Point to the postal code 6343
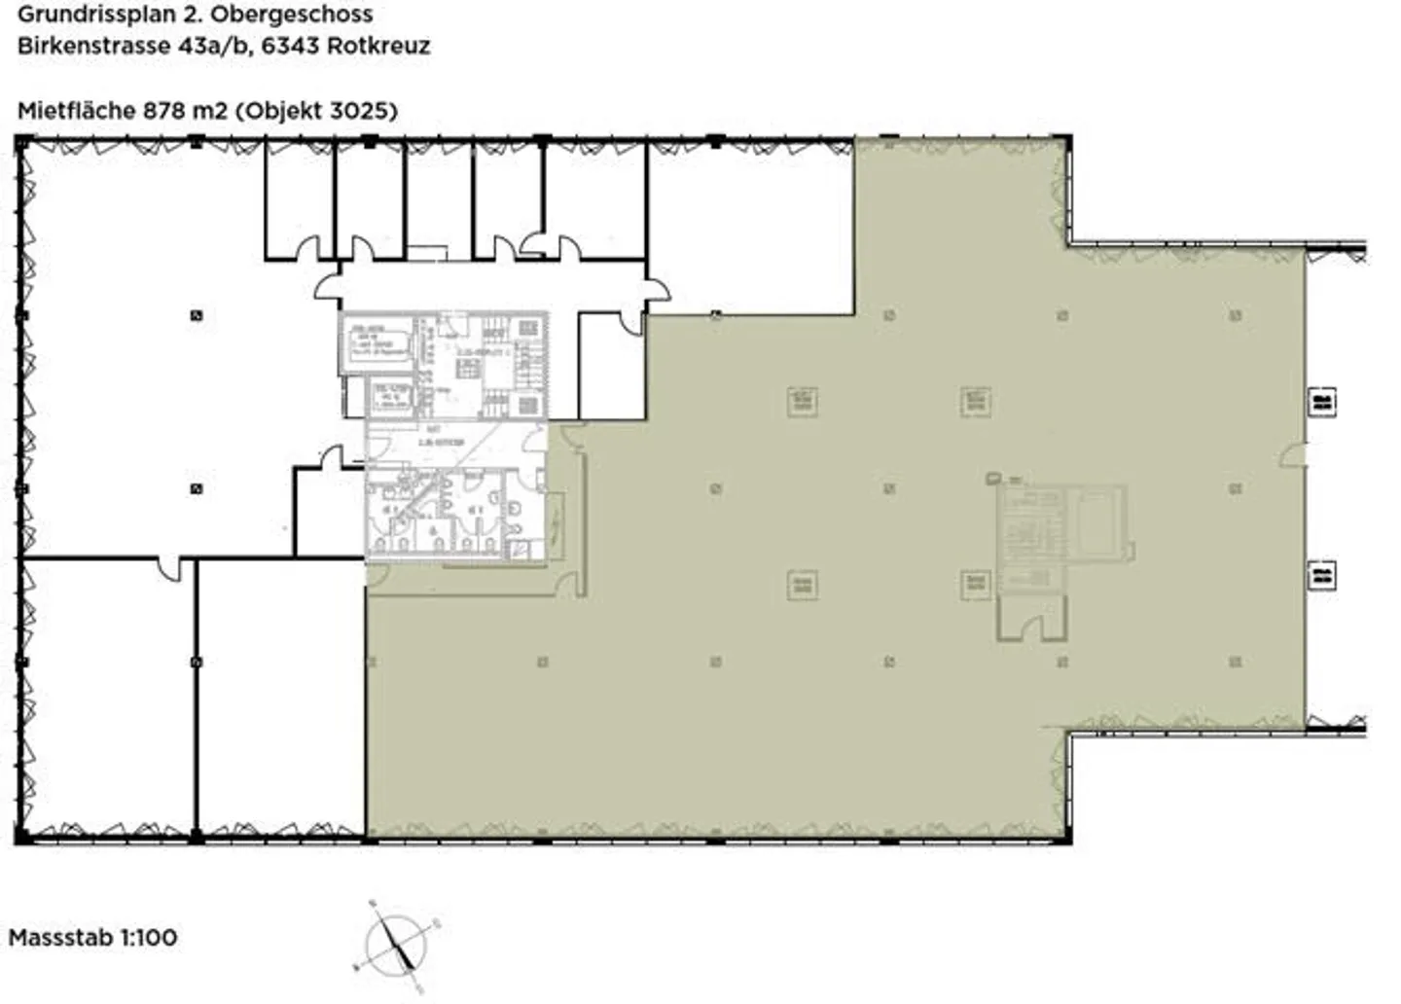point(291,46)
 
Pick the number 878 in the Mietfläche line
point(163,111)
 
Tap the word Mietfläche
point(76,111)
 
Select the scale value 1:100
point(148,938)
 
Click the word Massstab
point(60,938)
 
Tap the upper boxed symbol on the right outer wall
point(1321,401)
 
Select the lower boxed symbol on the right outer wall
point(1321,575)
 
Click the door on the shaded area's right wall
point(1295,454)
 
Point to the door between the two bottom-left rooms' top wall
point(170,568)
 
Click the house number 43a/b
point(212,46)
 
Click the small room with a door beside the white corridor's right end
point(611,365)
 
